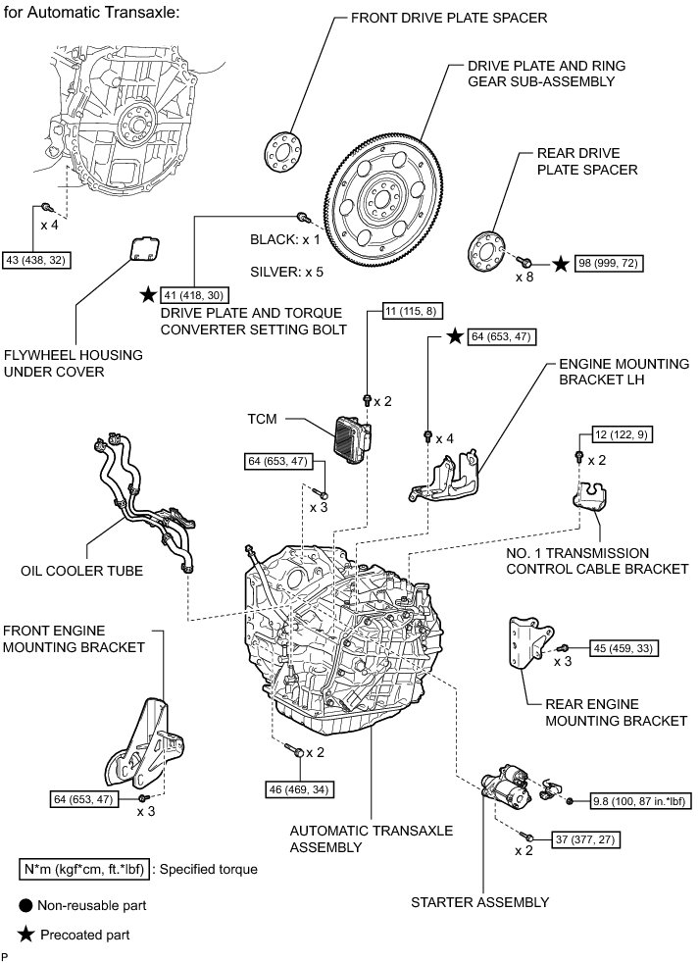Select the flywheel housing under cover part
[144, 251]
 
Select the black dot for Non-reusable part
[25, 905]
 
